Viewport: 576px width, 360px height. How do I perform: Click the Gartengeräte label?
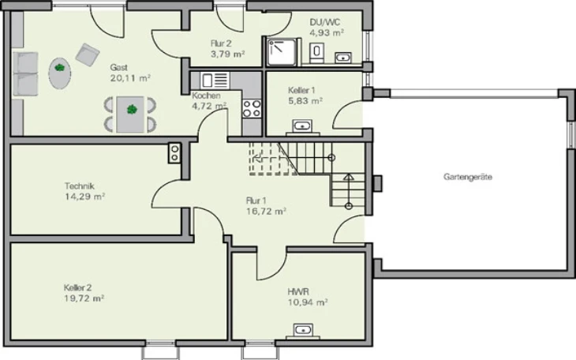coord(468,177)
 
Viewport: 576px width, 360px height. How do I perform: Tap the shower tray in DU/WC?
coord(282,52)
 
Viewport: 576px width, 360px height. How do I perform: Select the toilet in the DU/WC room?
coord(316,52)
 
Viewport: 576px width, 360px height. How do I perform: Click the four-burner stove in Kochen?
coord(252,108)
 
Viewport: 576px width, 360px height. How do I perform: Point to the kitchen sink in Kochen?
coord(215,81)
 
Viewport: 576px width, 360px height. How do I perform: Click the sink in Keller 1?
coord(302,126)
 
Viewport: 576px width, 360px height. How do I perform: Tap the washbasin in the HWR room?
coord(304,330)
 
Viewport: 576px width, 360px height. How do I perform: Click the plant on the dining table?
coord(132,109)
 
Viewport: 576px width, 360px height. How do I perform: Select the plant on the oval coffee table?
coord(59,68)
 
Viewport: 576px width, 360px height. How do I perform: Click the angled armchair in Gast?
coord(88,54)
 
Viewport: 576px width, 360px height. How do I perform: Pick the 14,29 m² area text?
coord(85,197)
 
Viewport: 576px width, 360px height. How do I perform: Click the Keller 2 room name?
coord(77,287)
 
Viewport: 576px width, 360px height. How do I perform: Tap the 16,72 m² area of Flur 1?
coord(266,212)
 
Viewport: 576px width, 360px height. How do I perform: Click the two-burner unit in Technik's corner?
coord(174,153)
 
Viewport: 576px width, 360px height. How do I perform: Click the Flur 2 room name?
coord(221,43)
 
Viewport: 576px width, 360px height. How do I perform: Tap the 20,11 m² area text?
coord(130,78)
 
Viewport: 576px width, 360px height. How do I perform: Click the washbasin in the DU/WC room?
coord(343,58)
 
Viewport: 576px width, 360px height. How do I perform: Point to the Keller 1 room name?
coord(301,90)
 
